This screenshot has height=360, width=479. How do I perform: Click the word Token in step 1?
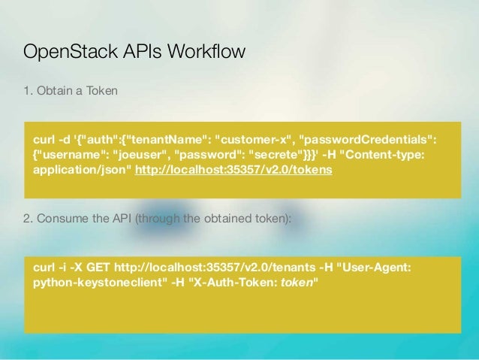(x=101, y=92)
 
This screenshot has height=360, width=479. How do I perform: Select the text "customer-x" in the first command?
(x=254, y=139)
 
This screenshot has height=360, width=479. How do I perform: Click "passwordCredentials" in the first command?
(x=367, y=139)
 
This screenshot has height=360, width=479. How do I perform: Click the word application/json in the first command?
(x=83, y=170)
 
